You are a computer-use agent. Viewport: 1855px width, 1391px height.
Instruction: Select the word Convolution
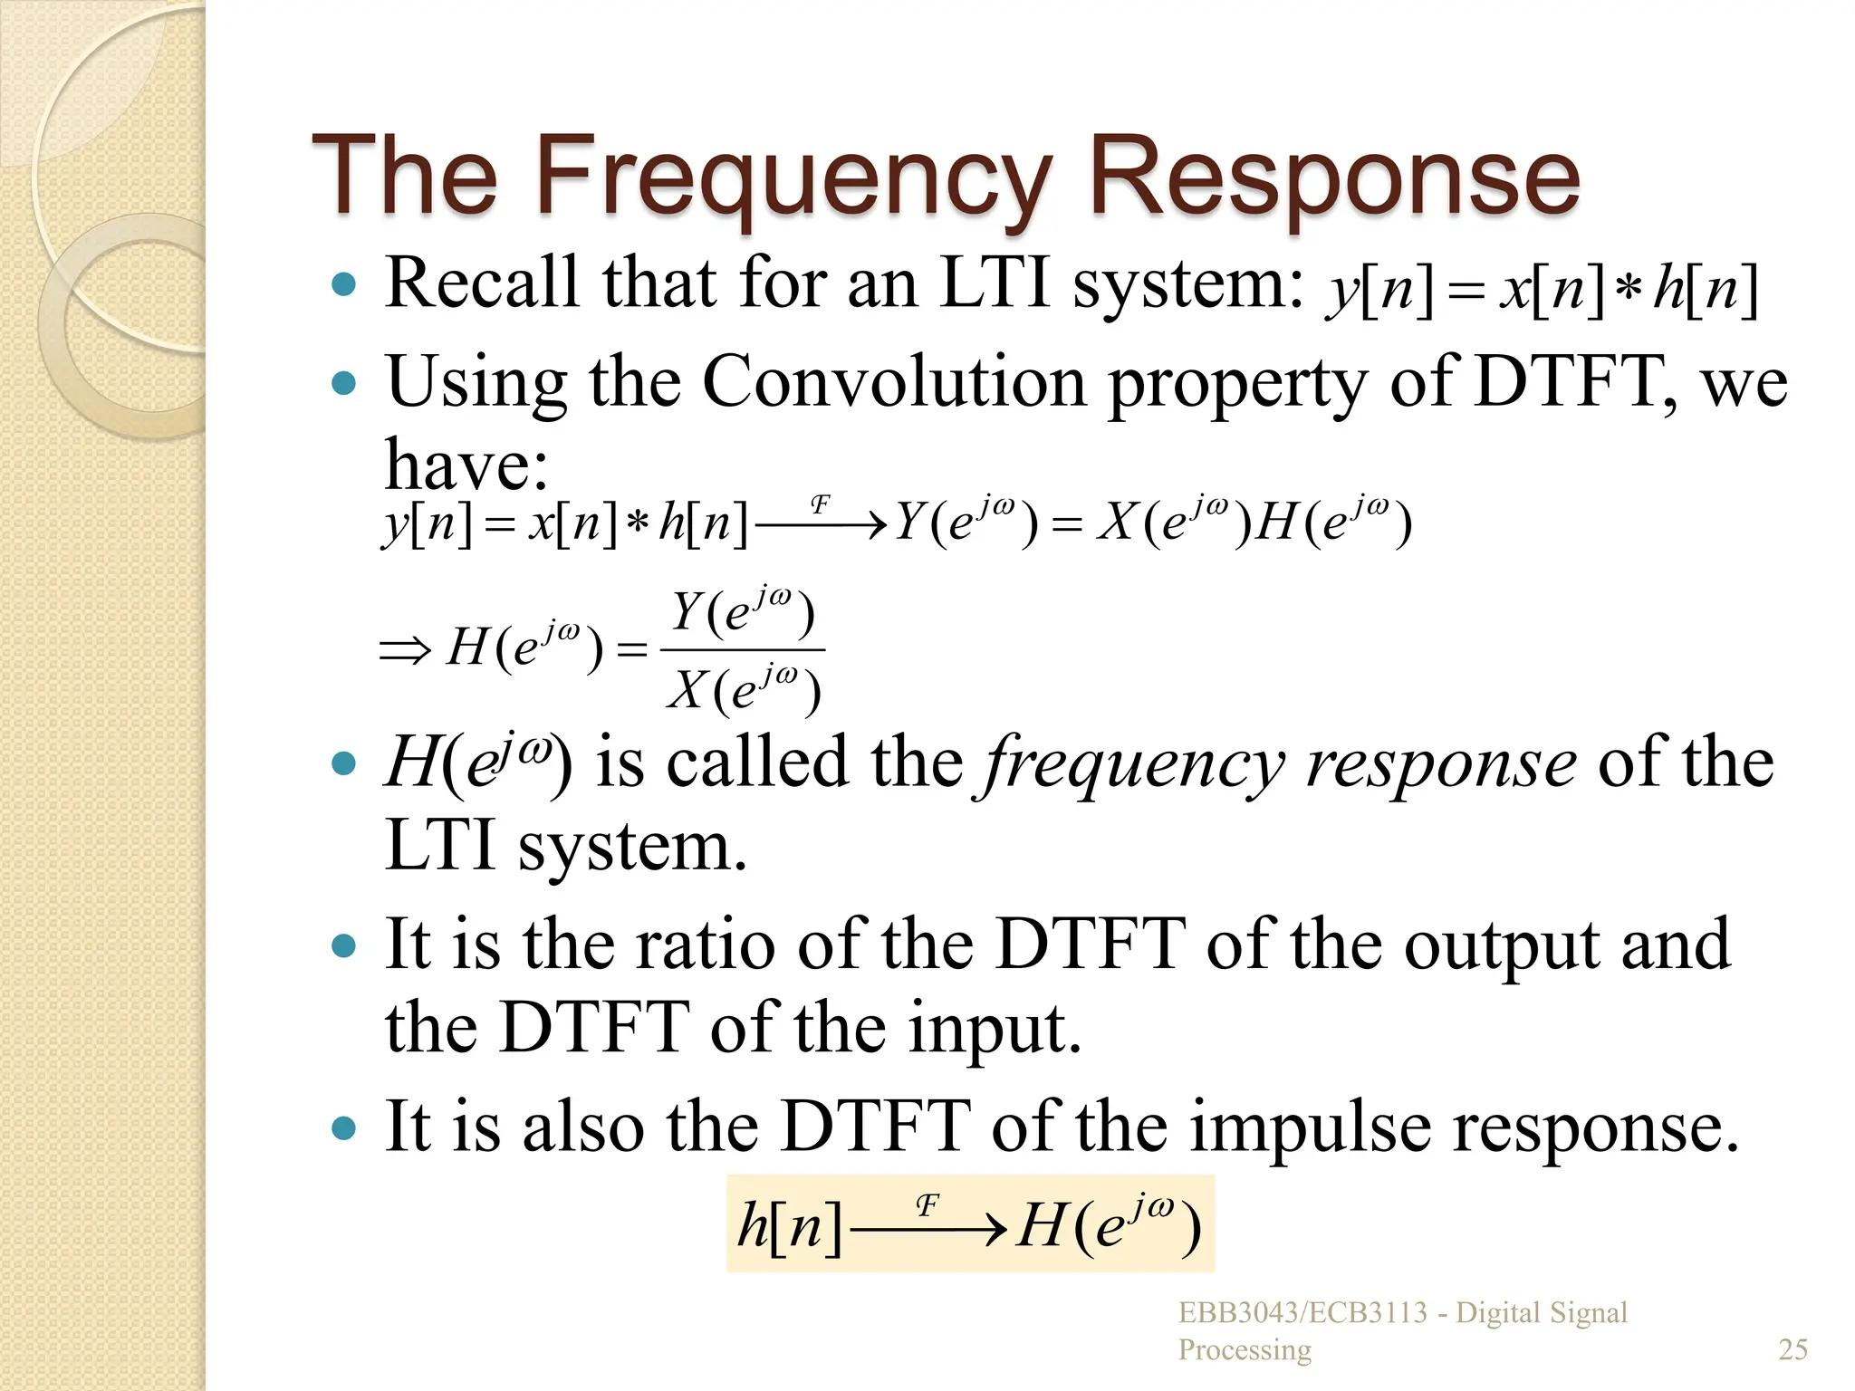893,383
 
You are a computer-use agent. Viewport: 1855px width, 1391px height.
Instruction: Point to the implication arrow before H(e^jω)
404,650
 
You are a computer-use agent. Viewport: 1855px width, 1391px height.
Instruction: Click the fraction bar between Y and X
743,649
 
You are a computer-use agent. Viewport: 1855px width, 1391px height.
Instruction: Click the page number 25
1793,1349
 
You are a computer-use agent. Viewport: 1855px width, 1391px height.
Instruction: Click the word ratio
705,945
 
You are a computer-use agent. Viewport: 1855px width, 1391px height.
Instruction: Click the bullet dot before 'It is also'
344,1128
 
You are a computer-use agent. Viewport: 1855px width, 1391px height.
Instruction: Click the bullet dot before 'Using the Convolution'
344,384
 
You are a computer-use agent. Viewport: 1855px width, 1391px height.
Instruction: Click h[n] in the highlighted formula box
789,1227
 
